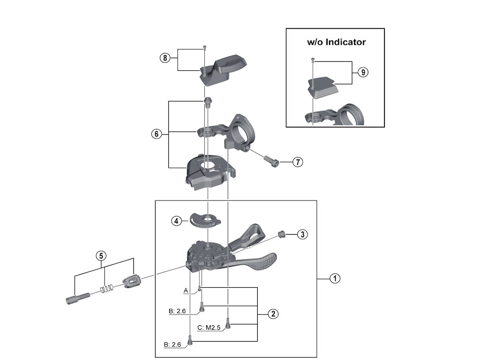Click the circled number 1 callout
[x=335, y=278]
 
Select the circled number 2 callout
[x=273, y=314]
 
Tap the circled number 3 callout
[x=303, y=234]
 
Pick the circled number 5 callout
[x=101, y=256]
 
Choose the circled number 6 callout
[x=157, y=134]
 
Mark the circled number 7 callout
[x=298, y=162]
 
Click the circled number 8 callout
[x=164, y=58]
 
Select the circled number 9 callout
[x=363, y=72]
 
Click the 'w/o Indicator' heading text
[x=336, y=42]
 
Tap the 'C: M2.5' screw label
[x=210, y=328]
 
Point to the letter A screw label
[x=186, y=291]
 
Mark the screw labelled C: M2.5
[x=228, y=323]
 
